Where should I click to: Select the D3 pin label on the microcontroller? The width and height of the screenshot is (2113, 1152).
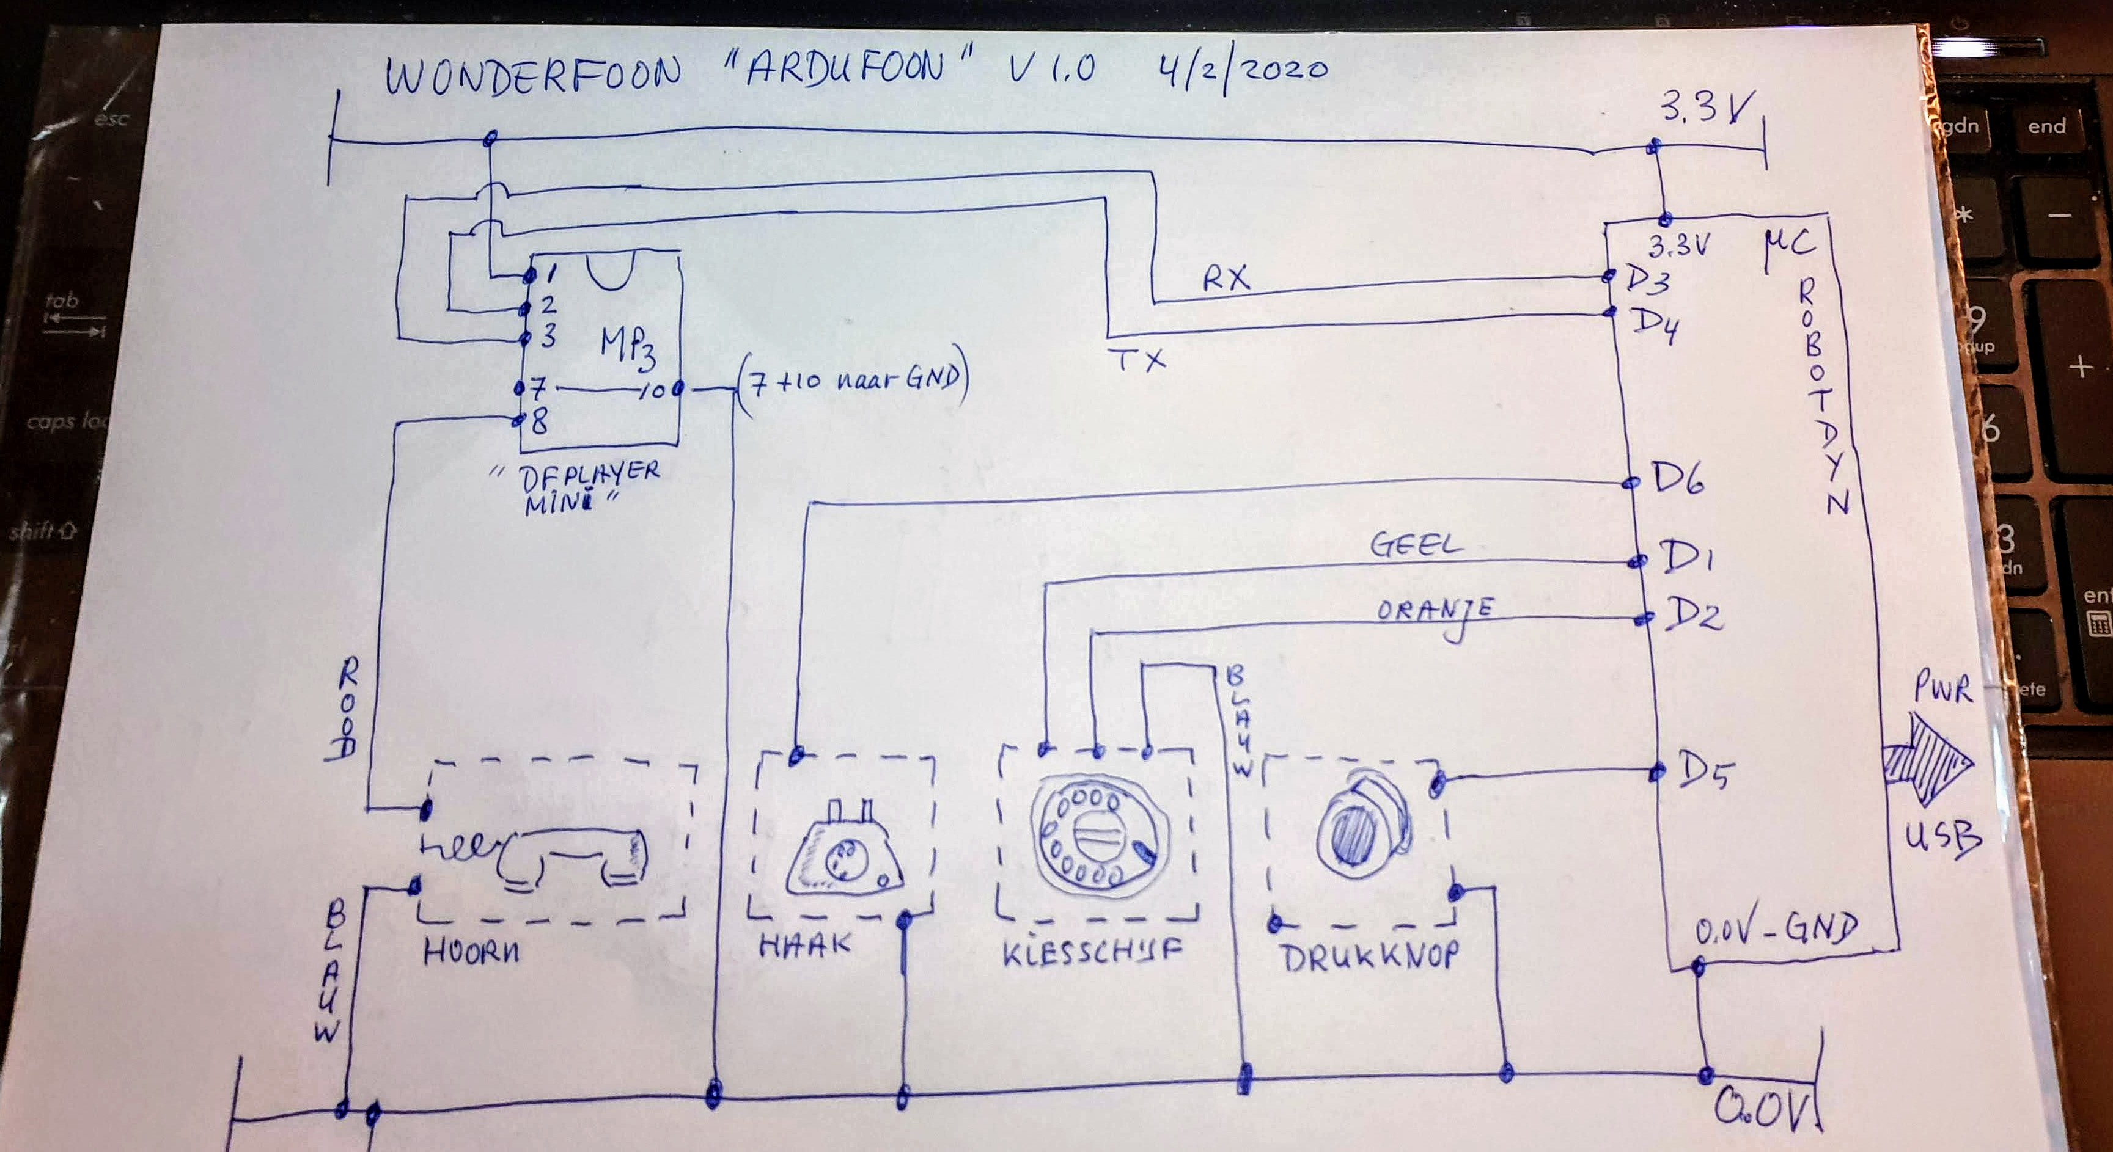click(1647, 280)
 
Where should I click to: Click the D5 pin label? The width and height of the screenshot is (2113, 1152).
click(1705, 771)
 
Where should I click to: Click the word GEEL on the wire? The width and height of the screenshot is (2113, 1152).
click(1416, 545)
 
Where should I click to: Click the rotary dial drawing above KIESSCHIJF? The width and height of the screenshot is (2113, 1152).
click(1098, 836)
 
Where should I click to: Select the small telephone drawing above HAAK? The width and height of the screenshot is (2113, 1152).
click(843, 853)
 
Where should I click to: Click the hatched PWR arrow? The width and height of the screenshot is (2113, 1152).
click(1926, 759)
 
